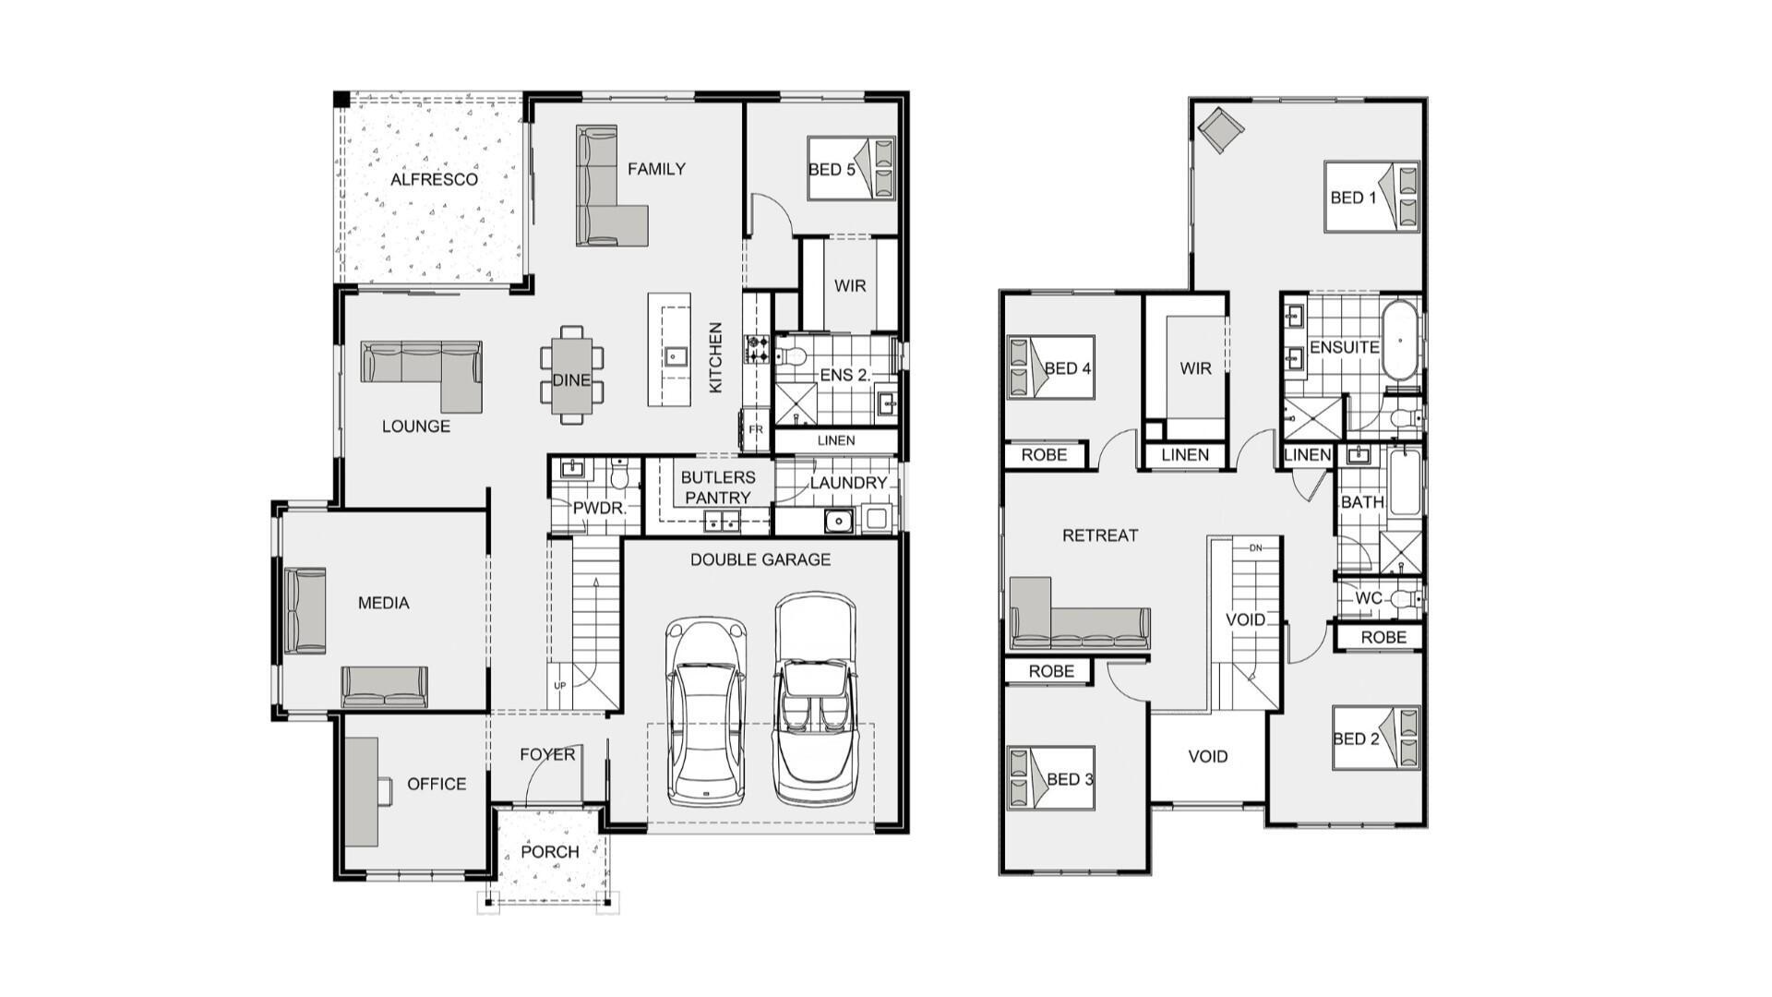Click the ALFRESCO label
click(x=434, y=179)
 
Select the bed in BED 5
click(x=851, y=168)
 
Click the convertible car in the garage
click(x=815, y=702)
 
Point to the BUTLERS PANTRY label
click(x=717, y=487)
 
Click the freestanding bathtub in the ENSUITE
click(x=1399, y=339)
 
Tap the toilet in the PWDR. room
click(x=619, y=476)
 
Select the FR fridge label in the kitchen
click(x=755, y=430)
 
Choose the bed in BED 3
click(x=1050, y=778)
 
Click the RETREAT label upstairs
click(x=1099, y=535)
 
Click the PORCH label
click(x=550, y=851)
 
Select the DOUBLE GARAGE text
click(x=760, y=559)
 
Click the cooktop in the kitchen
click(x=758, y=349)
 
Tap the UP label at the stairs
click(x=559, y=686)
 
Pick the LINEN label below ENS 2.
click(x=836, y=440)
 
